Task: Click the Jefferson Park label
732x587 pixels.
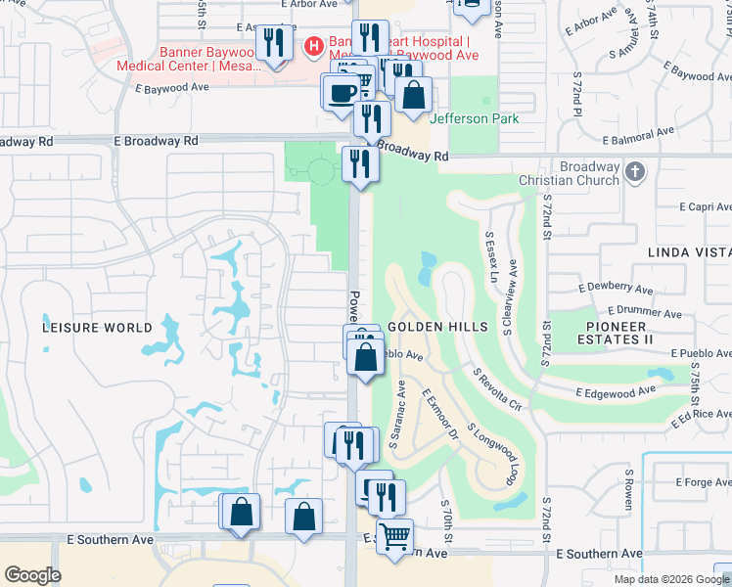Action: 474,118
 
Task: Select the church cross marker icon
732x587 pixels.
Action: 635,171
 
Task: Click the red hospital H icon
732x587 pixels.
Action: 314,44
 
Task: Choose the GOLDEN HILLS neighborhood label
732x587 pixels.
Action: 432,326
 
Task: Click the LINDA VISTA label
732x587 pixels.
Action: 689,252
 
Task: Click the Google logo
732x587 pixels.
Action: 32,575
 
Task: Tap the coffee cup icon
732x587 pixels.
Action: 341,92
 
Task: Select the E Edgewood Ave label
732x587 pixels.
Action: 616,391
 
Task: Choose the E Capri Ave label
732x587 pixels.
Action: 706,207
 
